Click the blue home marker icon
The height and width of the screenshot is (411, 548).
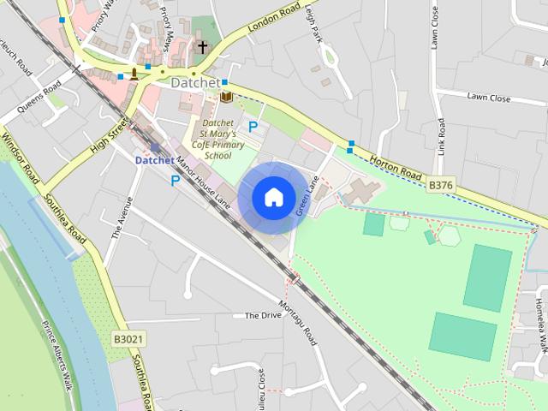coord(273,197)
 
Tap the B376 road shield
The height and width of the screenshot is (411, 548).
coord(439,184)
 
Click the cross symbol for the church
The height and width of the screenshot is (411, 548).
coord(203,47)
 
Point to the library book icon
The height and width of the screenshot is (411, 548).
coord(226,97)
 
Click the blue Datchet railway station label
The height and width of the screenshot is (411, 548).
coord(155,159)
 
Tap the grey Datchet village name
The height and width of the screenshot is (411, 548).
coord(195,83)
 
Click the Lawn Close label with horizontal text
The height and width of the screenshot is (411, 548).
coord(488,98)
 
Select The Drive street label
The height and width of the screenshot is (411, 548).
coord(263,315)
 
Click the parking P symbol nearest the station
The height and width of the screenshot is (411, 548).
coord(176,180)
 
